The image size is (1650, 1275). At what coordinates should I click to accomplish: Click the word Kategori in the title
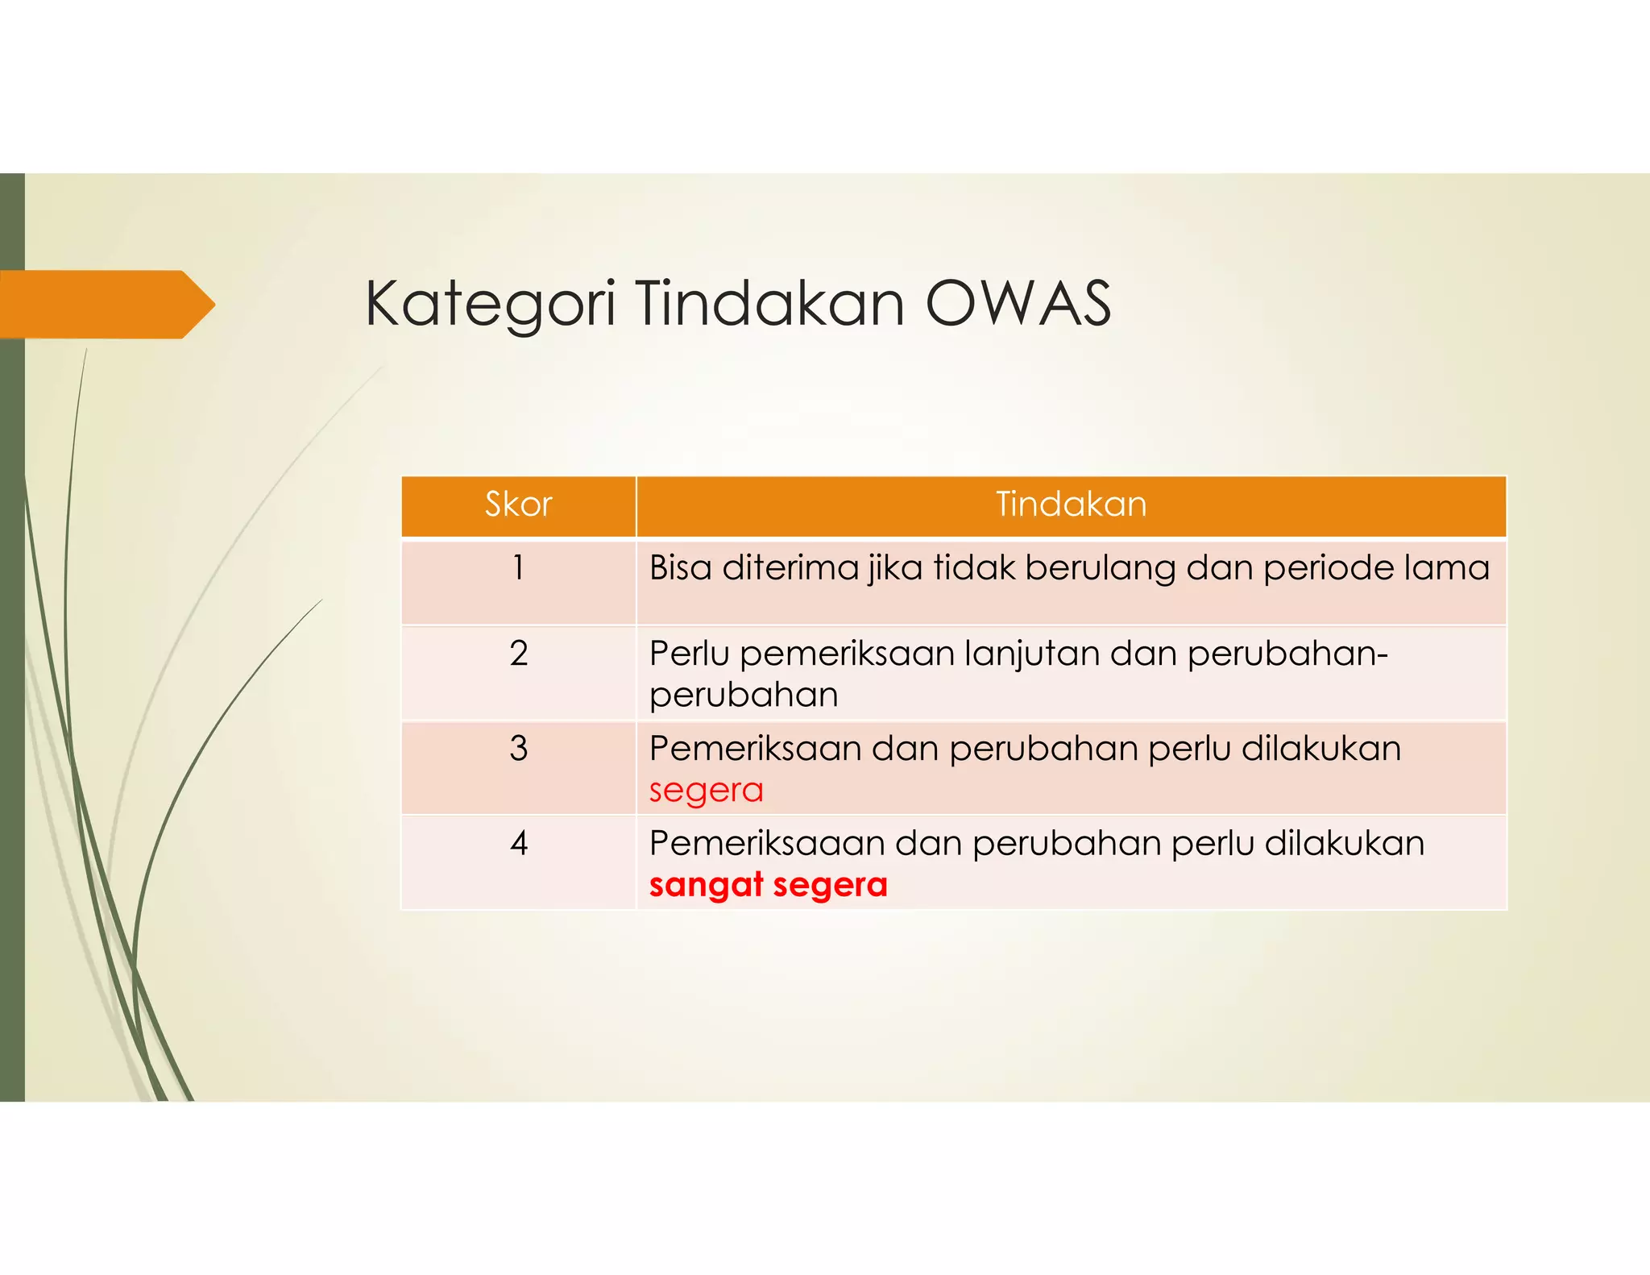coord(490,305)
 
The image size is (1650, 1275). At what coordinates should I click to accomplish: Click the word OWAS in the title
coord(1018,305)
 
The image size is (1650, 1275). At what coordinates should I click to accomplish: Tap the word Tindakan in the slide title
coord(769,305)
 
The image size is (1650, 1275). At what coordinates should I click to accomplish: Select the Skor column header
coord(518,505)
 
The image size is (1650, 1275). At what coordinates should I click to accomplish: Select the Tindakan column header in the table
coord(1071,505)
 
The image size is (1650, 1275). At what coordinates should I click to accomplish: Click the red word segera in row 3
coord(706,791)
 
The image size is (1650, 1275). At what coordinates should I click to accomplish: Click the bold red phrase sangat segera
coord(768,885)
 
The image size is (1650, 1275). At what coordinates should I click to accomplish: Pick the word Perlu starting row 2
coord(689,654)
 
